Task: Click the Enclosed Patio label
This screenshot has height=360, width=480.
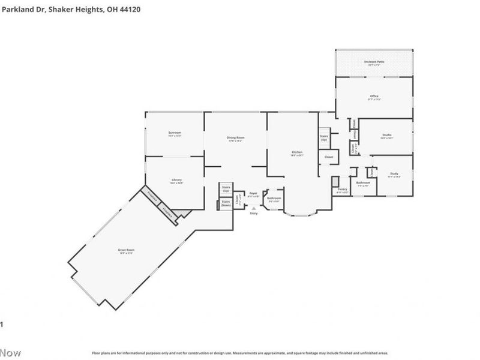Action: (374, 62)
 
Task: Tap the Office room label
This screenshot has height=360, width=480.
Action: (374, 97)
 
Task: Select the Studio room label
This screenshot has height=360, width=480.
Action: (386, 136)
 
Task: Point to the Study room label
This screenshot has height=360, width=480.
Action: (394, 174)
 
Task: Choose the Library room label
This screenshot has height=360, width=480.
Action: (176, 180)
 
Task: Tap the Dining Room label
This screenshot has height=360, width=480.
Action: (235, 139)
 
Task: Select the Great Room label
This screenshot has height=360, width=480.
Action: (126, 250)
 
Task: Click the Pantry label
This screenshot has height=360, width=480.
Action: (343, 190)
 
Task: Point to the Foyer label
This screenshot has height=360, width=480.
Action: (254, 194)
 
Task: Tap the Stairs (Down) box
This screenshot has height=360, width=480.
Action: (226, 203)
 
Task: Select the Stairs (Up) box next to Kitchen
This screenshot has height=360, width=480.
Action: (324, 137)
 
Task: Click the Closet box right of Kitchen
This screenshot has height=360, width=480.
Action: (329, 157)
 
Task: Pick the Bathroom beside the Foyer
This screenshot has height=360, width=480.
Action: (274, 199)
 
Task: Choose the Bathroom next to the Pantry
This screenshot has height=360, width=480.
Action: (363, 183)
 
